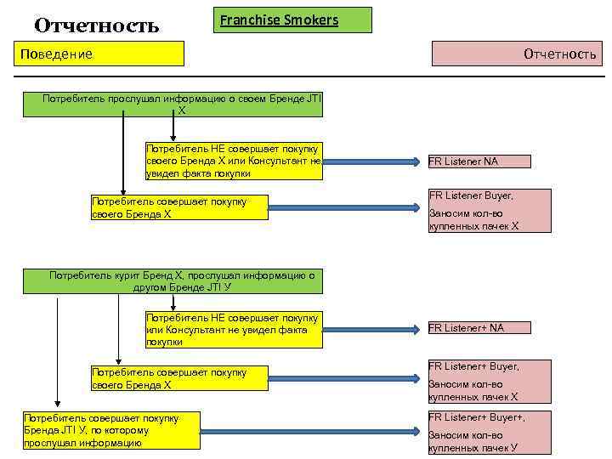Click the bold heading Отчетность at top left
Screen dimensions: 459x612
pos(96,25)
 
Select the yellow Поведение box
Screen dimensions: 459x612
pos(102,54)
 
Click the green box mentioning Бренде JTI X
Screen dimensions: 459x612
pos(183,104)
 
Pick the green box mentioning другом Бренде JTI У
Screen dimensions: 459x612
pos(183,281)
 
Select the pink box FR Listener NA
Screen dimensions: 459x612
pos(479,161)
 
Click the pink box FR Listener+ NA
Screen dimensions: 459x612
pos(479,328)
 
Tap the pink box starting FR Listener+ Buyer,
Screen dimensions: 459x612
pos(489,381)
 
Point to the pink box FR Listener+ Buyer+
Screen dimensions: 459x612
pos(489,433)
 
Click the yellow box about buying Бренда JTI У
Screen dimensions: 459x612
pos(111,430)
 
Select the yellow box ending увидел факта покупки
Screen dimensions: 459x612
pos(234,161)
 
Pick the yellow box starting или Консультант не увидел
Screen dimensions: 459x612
pos(234,330)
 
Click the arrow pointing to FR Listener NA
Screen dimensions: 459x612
pos(374,161)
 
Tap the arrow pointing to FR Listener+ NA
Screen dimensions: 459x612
pos(374,329)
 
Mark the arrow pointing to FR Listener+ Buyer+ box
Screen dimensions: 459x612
pos(314,431)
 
